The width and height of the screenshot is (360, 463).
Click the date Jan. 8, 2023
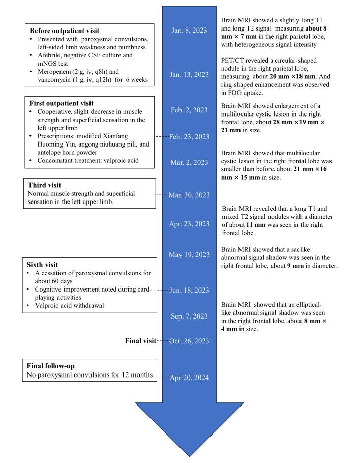[189, 30]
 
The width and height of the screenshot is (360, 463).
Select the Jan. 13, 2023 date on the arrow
[189, 75]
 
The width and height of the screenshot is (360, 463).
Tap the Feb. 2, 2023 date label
[189, 110]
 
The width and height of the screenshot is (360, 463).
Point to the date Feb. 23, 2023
[189, 137]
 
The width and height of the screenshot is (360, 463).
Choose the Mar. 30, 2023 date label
[189, 195]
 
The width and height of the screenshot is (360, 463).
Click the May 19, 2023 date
[189, 254]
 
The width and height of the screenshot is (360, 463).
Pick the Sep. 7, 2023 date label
[189, 316]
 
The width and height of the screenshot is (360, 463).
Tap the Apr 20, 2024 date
[189, 377]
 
